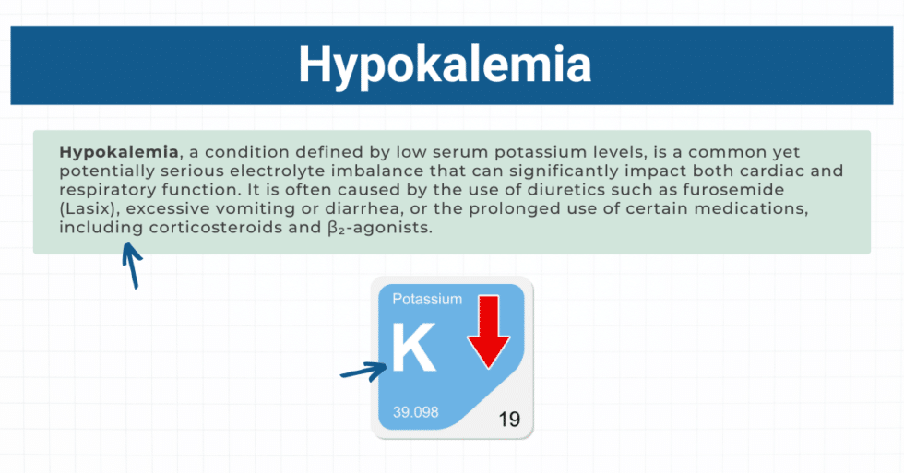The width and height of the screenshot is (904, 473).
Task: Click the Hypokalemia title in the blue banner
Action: point(444,65)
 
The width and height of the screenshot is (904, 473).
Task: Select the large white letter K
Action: point(412,349)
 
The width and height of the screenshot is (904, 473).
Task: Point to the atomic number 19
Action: point(508,420)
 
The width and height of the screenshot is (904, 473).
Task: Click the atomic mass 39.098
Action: point(415,412)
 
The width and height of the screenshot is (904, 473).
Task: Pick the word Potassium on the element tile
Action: point(427,299)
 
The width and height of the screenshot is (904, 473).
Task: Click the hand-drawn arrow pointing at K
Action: point(363,372)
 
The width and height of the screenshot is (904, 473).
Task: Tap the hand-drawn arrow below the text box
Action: point(133,266)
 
